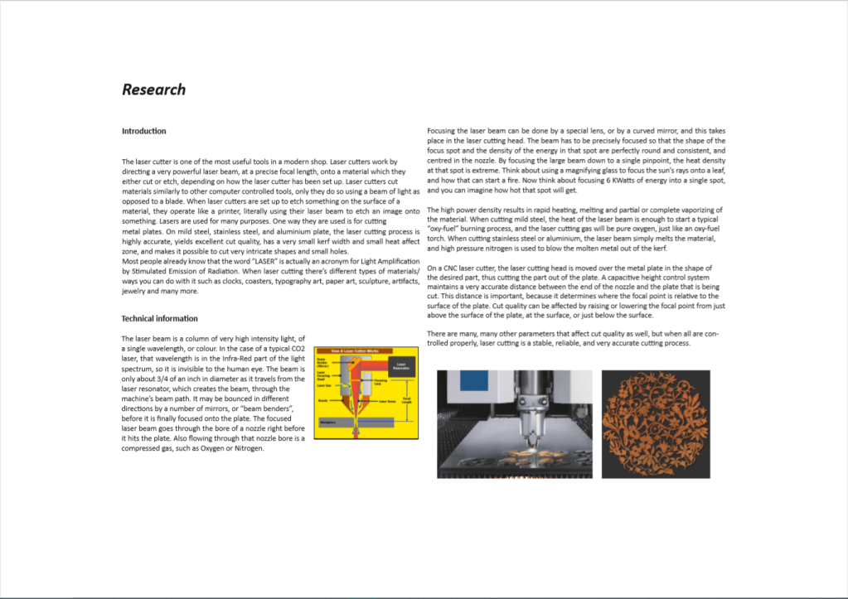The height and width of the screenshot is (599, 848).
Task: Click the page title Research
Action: click(x=153, y=89)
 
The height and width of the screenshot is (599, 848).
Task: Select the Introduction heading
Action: click(x=143, y=131)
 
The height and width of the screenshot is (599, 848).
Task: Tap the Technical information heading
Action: click(x=159, y=318)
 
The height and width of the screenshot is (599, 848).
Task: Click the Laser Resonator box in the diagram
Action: click(x=400, y=365)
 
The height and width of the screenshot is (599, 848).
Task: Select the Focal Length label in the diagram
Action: click(x=406, y=399)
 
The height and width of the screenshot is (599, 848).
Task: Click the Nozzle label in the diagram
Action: click(x=323, y=400)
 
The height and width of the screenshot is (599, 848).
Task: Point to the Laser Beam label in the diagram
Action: click(x=386, y=401)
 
